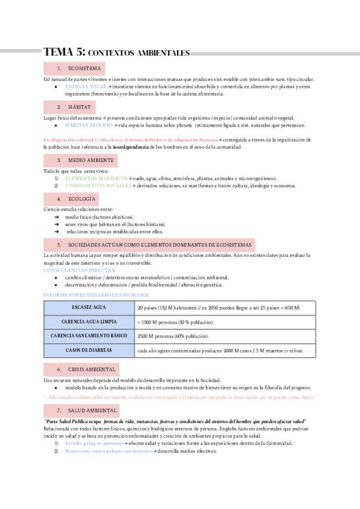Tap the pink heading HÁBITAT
pos(79,107)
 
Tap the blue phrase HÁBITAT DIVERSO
pos(88,125)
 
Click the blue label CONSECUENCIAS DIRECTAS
pos(79,270)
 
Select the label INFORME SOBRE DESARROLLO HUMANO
pos(96,295)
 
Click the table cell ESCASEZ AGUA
pos(89,308)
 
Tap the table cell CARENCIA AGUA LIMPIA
pos(89,322)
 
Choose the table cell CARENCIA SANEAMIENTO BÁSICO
pos(89,336)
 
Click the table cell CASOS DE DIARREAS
pos(89,351)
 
